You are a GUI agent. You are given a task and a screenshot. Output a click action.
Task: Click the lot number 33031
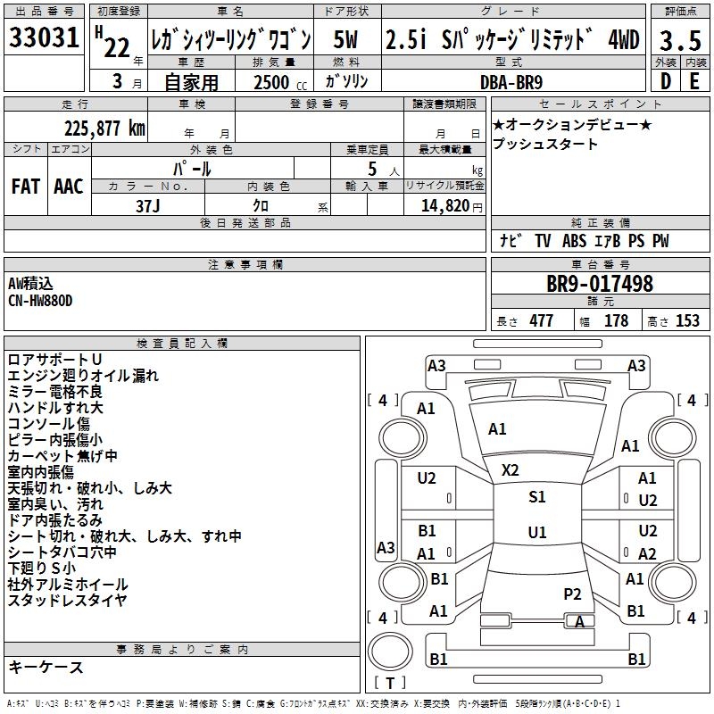pyautogui.click(x=43, y=40)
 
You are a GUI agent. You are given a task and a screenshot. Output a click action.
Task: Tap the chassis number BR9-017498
pyautogui.click(x=599, y=285)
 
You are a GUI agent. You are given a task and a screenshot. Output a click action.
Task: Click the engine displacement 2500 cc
pyautogui.click(x=272, y=82)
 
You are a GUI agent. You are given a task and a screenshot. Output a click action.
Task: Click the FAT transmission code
pyautogui.click(x=26, y=186)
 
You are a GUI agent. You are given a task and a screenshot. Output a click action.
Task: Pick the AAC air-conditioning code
pyautogui.click(x=68, y=186)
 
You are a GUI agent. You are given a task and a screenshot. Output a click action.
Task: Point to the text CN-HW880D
pyautogui.click(x=41, y=301)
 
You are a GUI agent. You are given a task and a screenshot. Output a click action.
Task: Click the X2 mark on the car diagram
pyautogui.click(x=511, y=469)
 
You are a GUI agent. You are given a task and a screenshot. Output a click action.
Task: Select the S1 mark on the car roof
pyautogui.click(x=536, y=497)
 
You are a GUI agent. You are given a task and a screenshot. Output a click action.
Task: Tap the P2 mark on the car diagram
pyautogui.click(x=572, y=594)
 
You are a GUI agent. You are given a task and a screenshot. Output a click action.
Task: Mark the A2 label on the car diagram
pyautogui.click(x=647, y=553)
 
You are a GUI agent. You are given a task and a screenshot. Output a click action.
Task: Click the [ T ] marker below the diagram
pyautogui.click(x=390, y=683)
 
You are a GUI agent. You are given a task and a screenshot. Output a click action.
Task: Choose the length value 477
pyautogui.click(x=541, y=321)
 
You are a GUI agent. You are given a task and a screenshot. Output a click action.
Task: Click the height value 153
pyautogui.click(x=687, y=321)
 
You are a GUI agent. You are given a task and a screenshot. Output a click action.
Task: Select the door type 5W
pyautogui.click(x=346, y=40)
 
